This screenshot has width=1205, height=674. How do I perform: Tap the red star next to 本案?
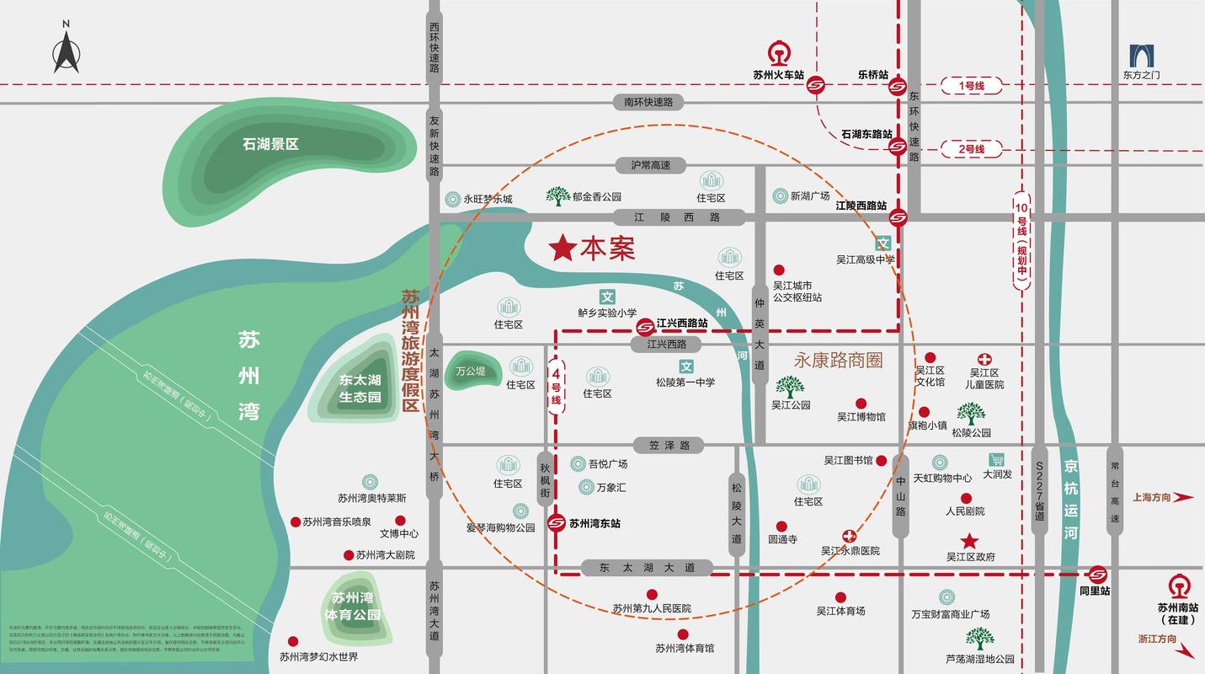tap(563, 248)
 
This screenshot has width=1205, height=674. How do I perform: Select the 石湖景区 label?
tap(270, 144)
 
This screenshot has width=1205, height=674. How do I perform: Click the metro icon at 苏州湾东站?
tap(556, 523)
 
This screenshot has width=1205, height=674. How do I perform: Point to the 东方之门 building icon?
tap(1142, 56)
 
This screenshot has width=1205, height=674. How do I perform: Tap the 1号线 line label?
tap(970, 85)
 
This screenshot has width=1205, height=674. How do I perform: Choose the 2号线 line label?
tap(970, 149)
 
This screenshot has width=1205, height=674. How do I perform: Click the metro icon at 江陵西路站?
tap(898, 217)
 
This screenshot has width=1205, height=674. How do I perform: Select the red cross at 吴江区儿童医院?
tap(984, 360)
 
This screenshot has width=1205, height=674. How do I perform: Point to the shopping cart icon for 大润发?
tap(997, 460)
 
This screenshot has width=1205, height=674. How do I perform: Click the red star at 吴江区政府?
tap(970, 541)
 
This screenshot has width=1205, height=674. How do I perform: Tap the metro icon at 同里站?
tap(1096, 575)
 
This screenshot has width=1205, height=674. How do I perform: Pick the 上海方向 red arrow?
tap(1183, 497)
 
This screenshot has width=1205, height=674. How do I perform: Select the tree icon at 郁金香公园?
tap(557, 196)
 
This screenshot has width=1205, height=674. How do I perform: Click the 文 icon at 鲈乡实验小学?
tap(607, 297)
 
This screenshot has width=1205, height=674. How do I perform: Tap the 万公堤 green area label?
tap(471, 371)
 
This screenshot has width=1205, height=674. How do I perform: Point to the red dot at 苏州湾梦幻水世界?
tap(293, 641)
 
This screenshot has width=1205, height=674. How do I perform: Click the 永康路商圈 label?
tap(838, 360)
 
